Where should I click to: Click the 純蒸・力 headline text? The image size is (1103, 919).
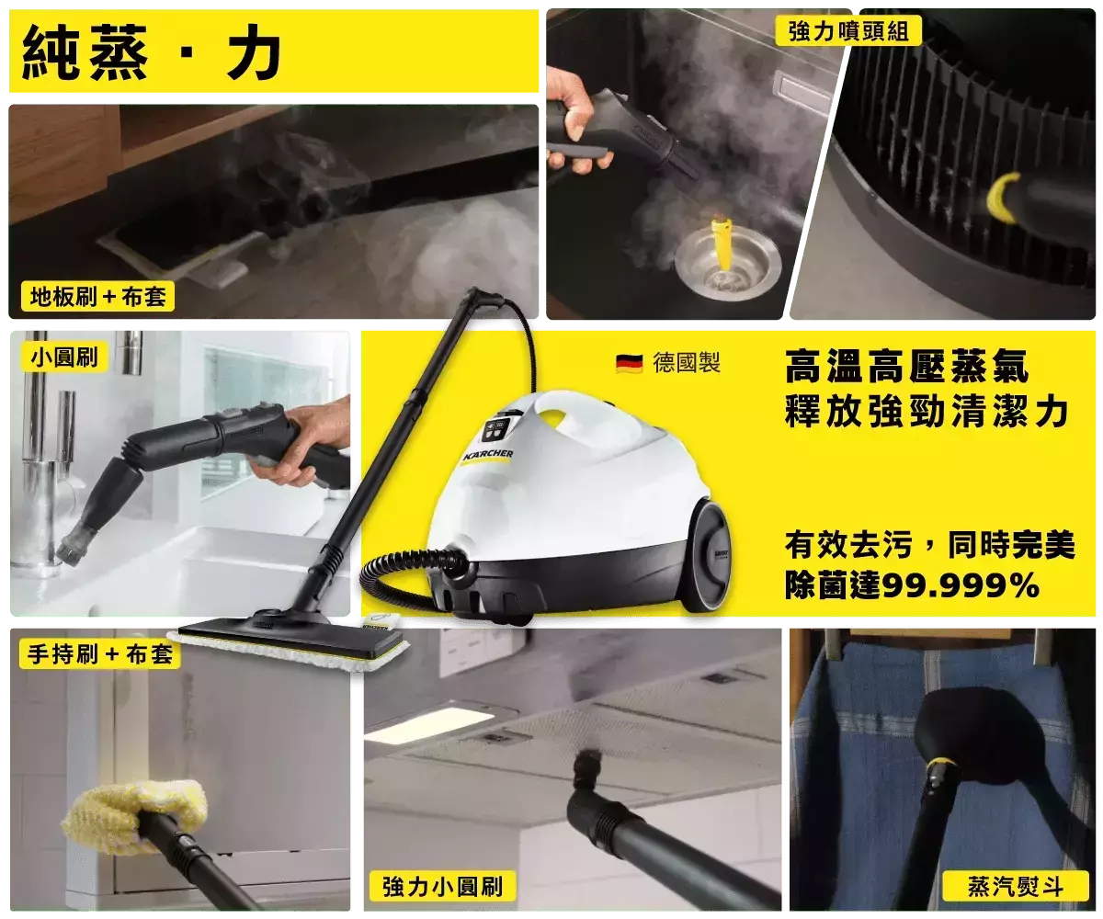152,52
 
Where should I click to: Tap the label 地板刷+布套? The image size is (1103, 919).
97,296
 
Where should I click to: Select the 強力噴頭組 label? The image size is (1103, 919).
848,30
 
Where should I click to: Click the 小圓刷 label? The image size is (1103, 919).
64,357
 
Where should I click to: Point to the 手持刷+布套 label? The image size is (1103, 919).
100,654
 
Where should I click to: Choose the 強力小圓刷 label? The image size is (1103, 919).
442,886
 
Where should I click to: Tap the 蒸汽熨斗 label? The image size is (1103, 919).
1016,886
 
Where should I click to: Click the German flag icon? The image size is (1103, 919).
629,364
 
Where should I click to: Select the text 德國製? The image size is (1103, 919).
687,363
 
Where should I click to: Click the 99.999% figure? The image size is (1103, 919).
961,585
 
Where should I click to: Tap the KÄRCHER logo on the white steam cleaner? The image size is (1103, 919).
487,454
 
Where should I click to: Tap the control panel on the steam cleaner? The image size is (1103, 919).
495,430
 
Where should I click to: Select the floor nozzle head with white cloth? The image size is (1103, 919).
289,641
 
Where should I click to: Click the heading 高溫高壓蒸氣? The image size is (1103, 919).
906,366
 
